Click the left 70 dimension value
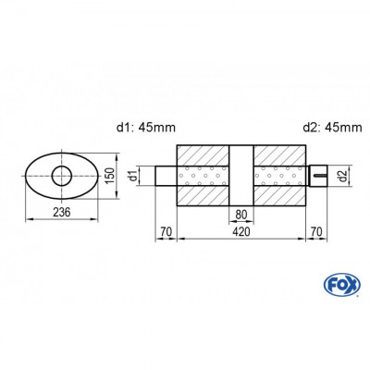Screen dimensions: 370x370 [166, 232]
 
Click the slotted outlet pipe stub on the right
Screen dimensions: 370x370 [317, 175]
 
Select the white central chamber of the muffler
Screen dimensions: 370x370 [240, 176]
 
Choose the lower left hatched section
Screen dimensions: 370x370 [202, 197]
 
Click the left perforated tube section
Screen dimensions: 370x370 [202, 176]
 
